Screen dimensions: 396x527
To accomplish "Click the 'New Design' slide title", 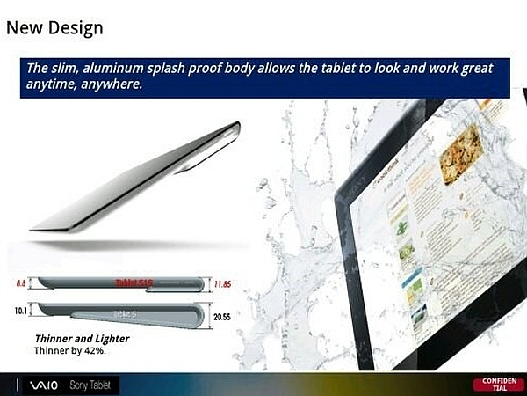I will (x=54, y=27).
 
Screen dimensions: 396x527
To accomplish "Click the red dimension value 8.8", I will (x=20, y=284).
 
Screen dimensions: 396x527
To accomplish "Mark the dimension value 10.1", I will (x=19, y=310).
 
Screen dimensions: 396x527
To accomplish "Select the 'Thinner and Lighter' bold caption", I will (x=82, y=338).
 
